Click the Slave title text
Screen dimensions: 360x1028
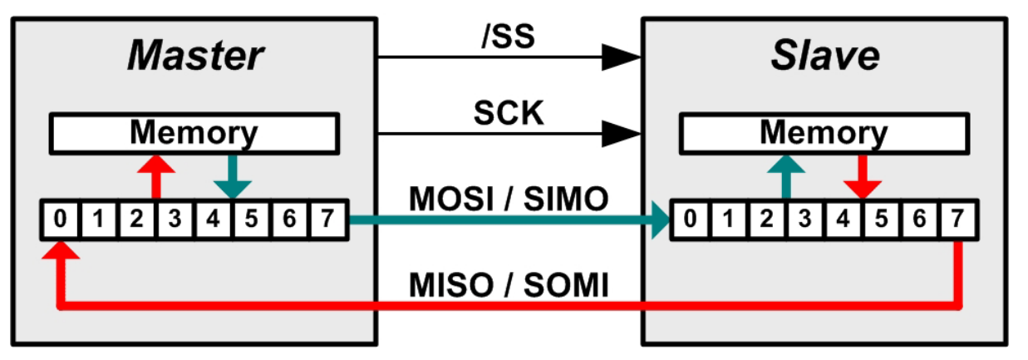(824, 57)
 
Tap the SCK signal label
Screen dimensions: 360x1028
(509, 114)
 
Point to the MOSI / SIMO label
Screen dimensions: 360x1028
(509, 200)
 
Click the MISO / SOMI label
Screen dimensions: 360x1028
(509, 287)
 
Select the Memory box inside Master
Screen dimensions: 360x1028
(194, 132)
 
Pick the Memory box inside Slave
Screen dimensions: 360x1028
(824, 132)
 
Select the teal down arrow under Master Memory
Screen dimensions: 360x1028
(233, 175)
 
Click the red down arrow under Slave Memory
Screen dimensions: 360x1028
(863, 175)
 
